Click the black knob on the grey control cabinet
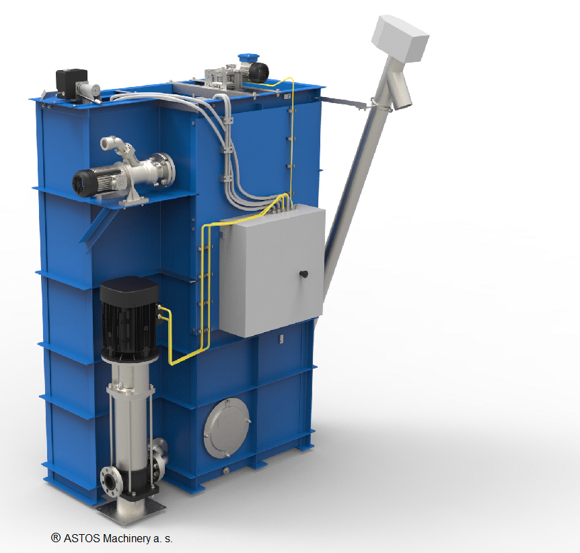point(303,274)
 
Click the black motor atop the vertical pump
point(129,318)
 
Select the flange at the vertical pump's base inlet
point(110,481)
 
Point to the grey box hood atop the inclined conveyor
point(400,38)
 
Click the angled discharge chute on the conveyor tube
point(400,91)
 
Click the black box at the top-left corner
point(71,83)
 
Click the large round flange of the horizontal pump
point(166,170)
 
